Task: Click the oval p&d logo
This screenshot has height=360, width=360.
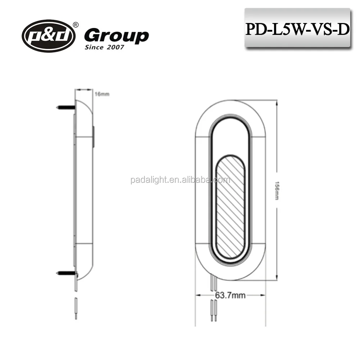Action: click(49, 36)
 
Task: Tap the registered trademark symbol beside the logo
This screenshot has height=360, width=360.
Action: click(76, 25)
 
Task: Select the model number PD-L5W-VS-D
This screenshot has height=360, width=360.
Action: click(297, 29)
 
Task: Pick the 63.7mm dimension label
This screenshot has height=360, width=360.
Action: click(230, 296)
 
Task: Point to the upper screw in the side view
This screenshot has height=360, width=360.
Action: click(66, 107)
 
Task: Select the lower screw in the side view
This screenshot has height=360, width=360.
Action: click(66, 274)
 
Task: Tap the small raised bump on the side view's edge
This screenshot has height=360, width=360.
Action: click(94, 137)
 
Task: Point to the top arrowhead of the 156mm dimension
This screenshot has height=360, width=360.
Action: click(276, 103)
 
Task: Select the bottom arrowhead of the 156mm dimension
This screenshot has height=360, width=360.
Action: click(276, 278)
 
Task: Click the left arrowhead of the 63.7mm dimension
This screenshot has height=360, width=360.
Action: click(198, 296)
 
